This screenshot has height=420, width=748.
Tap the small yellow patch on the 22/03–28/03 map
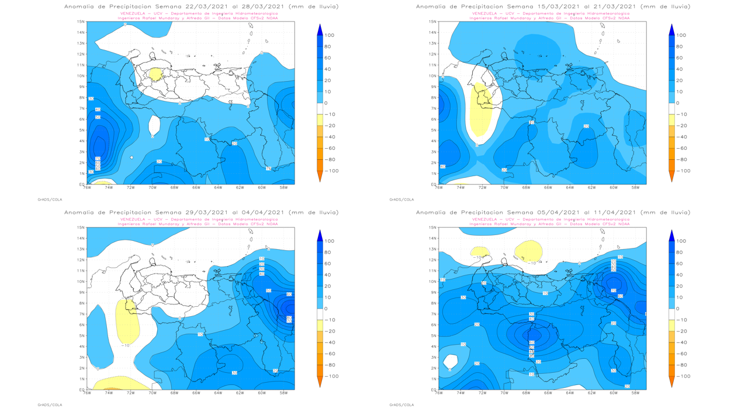pyautogui.click(x=155, y=74)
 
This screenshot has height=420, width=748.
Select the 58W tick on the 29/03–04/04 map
pyautogui.click(x=284, y=393)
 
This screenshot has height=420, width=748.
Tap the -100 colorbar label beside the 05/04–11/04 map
pyautogui.click(x=680, y=376)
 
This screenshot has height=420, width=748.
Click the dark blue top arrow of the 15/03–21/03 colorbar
pyautogui.click(x=671, y=30)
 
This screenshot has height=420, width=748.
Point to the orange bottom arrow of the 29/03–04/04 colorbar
pyautogui.click(x=320, y=381)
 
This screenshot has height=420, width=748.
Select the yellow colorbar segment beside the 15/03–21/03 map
pyautogui.click(x=671, y=120)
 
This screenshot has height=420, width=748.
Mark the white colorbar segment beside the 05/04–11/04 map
pyautogui.click(x=671, y=314)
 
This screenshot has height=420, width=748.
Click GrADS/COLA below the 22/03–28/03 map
pyautogui.click(x=50, y=199)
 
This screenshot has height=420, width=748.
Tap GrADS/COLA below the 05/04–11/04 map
pyautogui.click(x=401, y=405)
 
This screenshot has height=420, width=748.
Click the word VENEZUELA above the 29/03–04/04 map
pyautogui.click(x=133, y=219)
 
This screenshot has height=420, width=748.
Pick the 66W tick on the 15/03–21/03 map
pyautogui.click(x=548, y=187)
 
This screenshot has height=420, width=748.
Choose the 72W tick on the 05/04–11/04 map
pyautogui.click(x=482, y=393)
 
